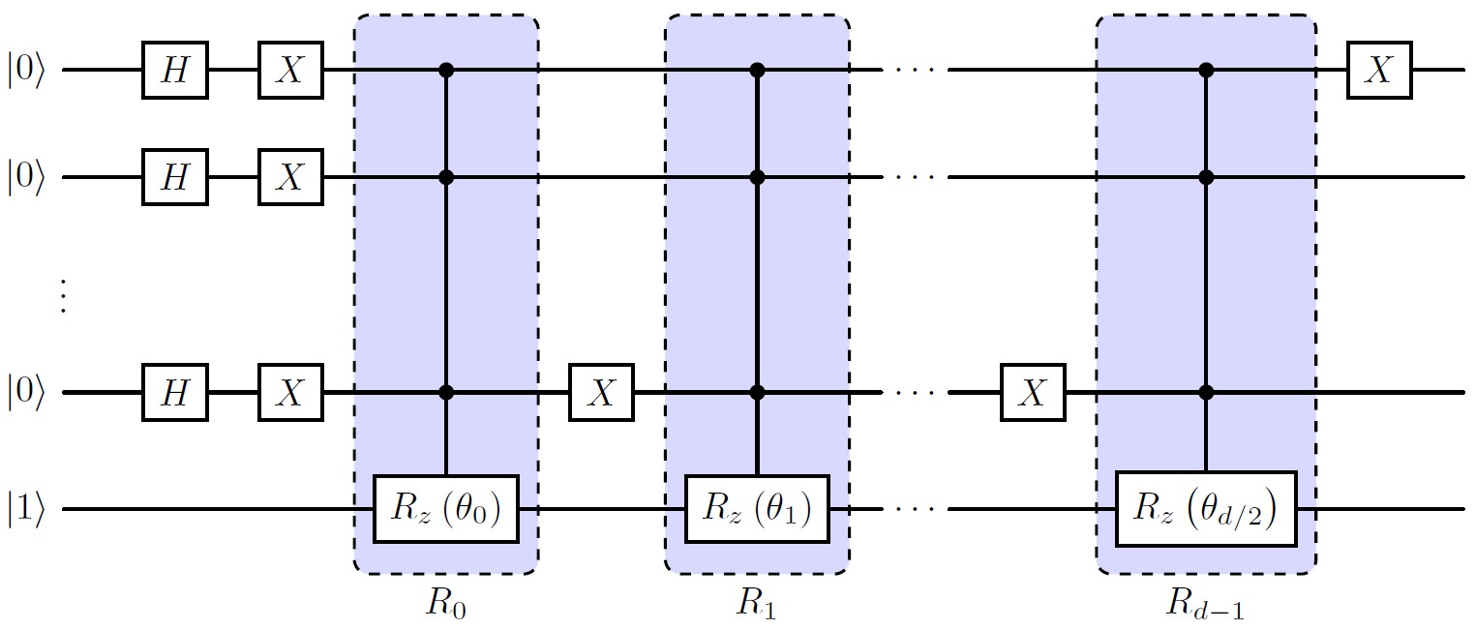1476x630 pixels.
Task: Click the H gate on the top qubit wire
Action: click(174, 71)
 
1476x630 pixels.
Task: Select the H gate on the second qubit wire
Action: click(174, 177)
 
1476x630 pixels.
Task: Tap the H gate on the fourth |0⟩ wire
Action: click(174, 392)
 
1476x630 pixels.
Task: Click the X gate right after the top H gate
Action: click(289, 71)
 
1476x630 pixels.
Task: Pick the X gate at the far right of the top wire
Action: click(1379, 71)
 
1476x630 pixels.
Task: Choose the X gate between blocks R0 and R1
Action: click(601, 392)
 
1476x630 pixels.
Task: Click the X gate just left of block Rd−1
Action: click(1033, 392)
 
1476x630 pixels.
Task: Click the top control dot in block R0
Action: click(446, 71)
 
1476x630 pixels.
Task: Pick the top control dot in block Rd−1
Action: click(1206, 71)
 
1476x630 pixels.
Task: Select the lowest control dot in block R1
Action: click(757, 392)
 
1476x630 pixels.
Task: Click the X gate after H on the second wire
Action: click(289, 177)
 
